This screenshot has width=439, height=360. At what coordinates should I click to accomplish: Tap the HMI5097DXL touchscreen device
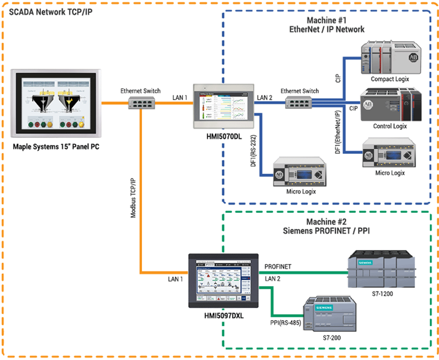tap(222, 280)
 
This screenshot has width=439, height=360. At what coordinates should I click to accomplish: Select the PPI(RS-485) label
tap(282, 321)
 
